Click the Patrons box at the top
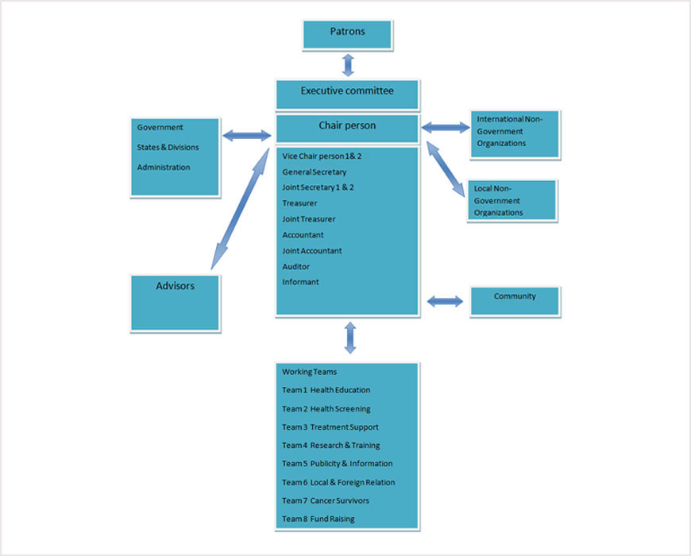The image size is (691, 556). (x=347, y=34)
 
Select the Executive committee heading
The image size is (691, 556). (x=347, y=92)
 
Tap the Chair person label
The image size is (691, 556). (x=347, y=126)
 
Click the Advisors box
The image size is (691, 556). (x=175, y=302)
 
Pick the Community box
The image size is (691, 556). (x=515, y=301)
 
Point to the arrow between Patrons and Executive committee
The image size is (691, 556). (x=347, y=64)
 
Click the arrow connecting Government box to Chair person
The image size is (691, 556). (x=247, y=136)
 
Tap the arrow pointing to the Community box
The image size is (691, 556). (x=445, y=301)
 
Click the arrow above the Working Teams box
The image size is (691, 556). (x=349, y=337)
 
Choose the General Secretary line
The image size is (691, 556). (x=315, y=172)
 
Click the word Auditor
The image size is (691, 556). (x=296, y=267)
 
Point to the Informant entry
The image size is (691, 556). (x=300, y=282)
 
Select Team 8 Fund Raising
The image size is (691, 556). (x=318, y=519)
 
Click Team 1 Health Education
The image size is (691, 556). (x=326, y=390)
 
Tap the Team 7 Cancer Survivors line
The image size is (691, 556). (x=325, y=500)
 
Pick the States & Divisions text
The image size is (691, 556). (x=168, y=147)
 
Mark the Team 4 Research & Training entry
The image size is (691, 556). (x=330, y=446)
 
